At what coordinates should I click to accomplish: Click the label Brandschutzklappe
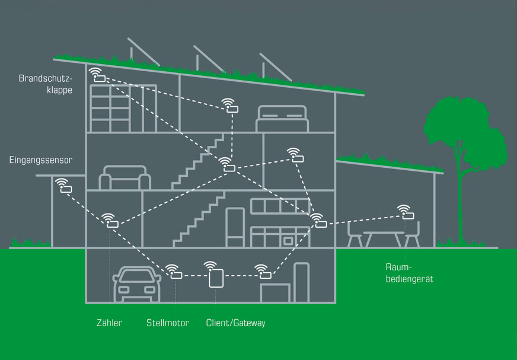45,84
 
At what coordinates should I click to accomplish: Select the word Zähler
109,323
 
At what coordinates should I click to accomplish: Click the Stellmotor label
168,323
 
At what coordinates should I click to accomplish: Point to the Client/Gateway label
235,323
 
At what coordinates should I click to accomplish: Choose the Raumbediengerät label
409,273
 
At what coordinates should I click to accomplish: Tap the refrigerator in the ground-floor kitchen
235,227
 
